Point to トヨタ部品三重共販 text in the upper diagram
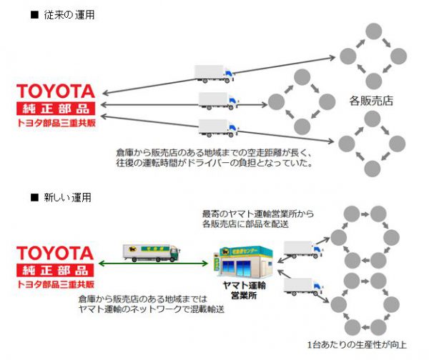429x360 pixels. [56, 123]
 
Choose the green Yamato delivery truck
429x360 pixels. [152, 251]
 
